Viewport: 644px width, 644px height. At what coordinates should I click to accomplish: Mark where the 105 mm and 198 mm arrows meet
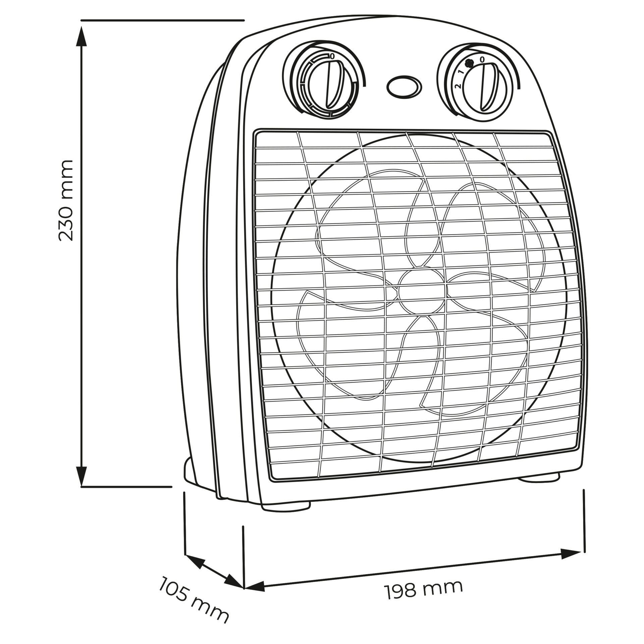tap(244, 588)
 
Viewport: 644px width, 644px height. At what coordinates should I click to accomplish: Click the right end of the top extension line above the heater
tap(245, 20)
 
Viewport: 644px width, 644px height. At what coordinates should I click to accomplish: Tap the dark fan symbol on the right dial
tap(470, 63)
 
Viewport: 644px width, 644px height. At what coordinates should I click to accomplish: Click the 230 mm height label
tap(66, 200)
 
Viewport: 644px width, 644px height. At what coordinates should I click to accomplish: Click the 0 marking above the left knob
tap(332, 56)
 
